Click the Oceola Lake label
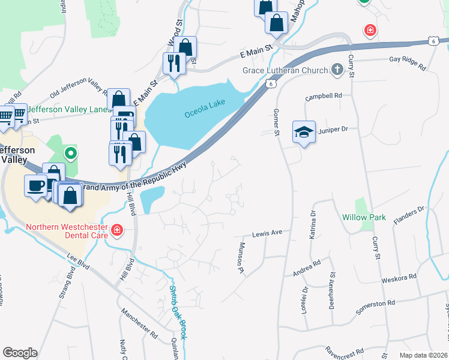point(205,108)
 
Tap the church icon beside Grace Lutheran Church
point(337,70)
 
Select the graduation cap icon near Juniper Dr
point(304,133)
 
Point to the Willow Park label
point(364,217)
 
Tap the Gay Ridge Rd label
point(407,59)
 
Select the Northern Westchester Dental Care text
point(66,231)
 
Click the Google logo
point(20,353)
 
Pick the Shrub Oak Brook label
point(178,311)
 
